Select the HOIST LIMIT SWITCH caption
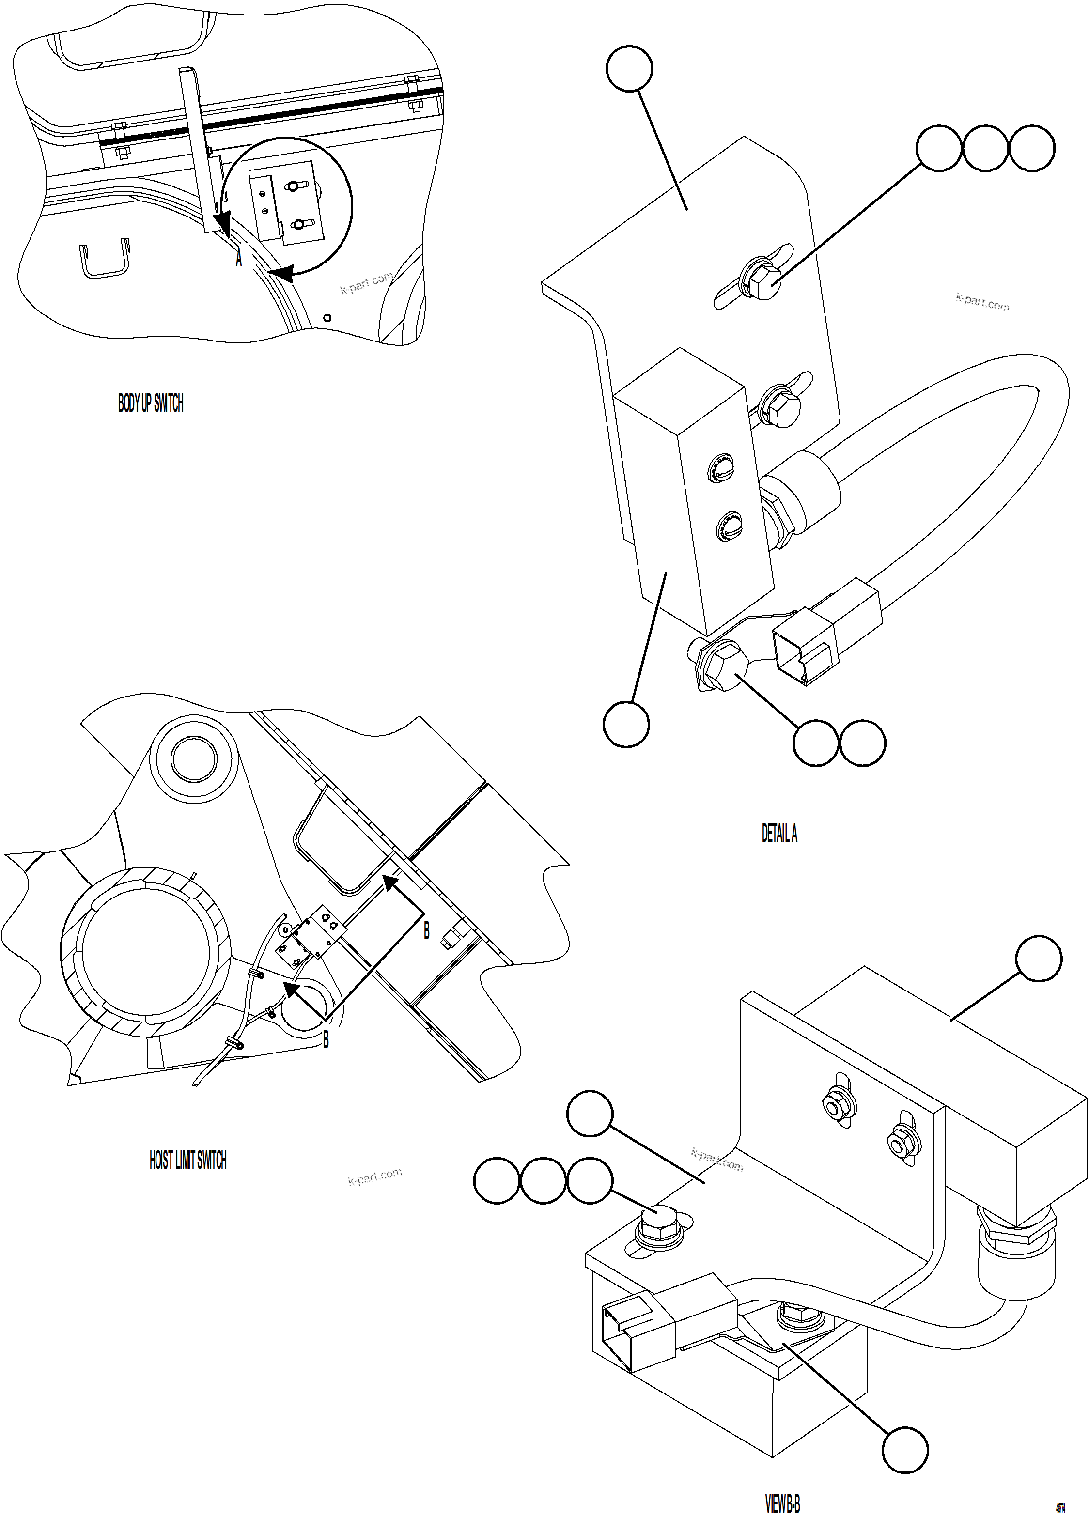188,1160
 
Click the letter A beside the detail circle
239,258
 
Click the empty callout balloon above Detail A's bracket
629,68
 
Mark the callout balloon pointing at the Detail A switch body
626,724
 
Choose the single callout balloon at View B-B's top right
1038,958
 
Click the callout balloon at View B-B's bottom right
905,1450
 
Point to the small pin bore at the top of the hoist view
193,758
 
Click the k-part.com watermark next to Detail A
982,302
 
